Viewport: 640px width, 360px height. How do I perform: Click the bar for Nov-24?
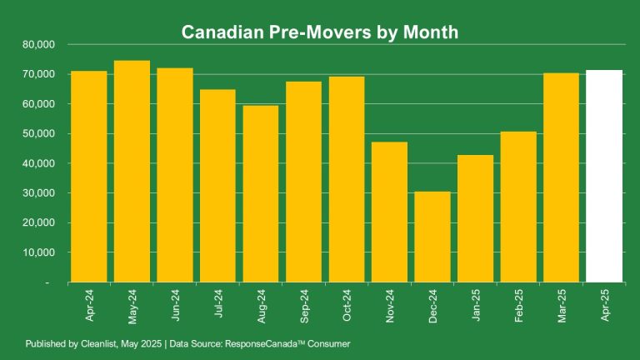389,212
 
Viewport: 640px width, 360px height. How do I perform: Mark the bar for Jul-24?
217,186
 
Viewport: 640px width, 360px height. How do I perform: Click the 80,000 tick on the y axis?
38,44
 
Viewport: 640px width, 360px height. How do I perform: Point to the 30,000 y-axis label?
38,193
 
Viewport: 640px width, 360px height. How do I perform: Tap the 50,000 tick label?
38,133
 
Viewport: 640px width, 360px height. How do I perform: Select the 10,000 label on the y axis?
38,252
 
